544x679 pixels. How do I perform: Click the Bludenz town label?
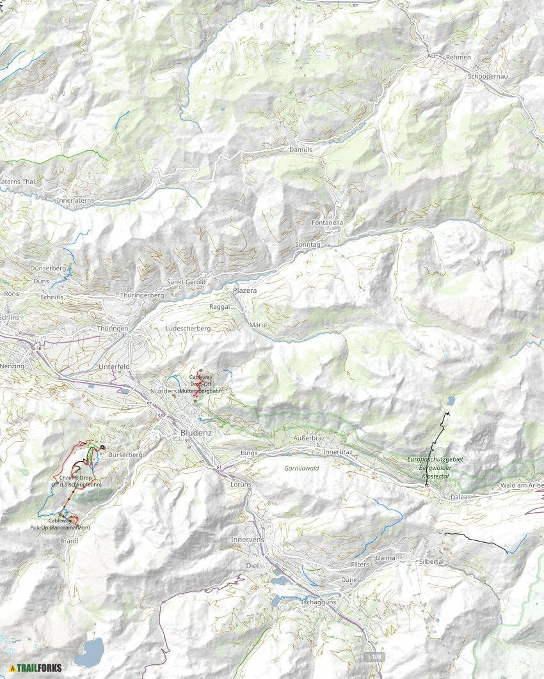pyautogui.click(x=191, y=432)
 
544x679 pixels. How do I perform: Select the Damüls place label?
pyautogui.click(x=300, y=149)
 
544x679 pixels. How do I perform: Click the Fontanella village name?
pyautogui.click(x=328, y=222)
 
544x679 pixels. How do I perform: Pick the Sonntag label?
pyautogui.click(x=307, y=245)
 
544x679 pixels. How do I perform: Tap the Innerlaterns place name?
pyautogui.click(x=76, y=200)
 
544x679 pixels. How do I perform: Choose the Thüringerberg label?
pyautogui.click(x=142, y=296)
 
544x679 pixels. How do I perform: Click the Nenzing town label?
pyautogui.click(x=12, y=366)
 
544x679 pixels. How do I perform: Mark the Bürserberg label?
pyautogui.click(x=125, y=455)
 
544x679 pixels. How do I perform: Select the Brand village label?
pyautogui.click(x=68, y=541)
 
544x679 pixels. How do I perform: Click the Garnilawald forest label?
pyautogui.click(x=301, y=468)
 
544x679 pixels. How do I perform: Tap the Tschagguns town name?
pyautogui.click(x=318, y=602)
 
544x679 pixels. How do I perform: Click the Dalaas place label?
pyautogui.click(x=461, y=496)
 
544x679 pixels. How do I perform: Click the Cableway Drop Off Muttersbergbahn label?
pyautogui.click(x=201, y=384)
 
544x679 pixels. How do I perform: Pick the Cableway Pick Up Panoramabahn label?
pyautogui.click(x=60, y=524)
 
